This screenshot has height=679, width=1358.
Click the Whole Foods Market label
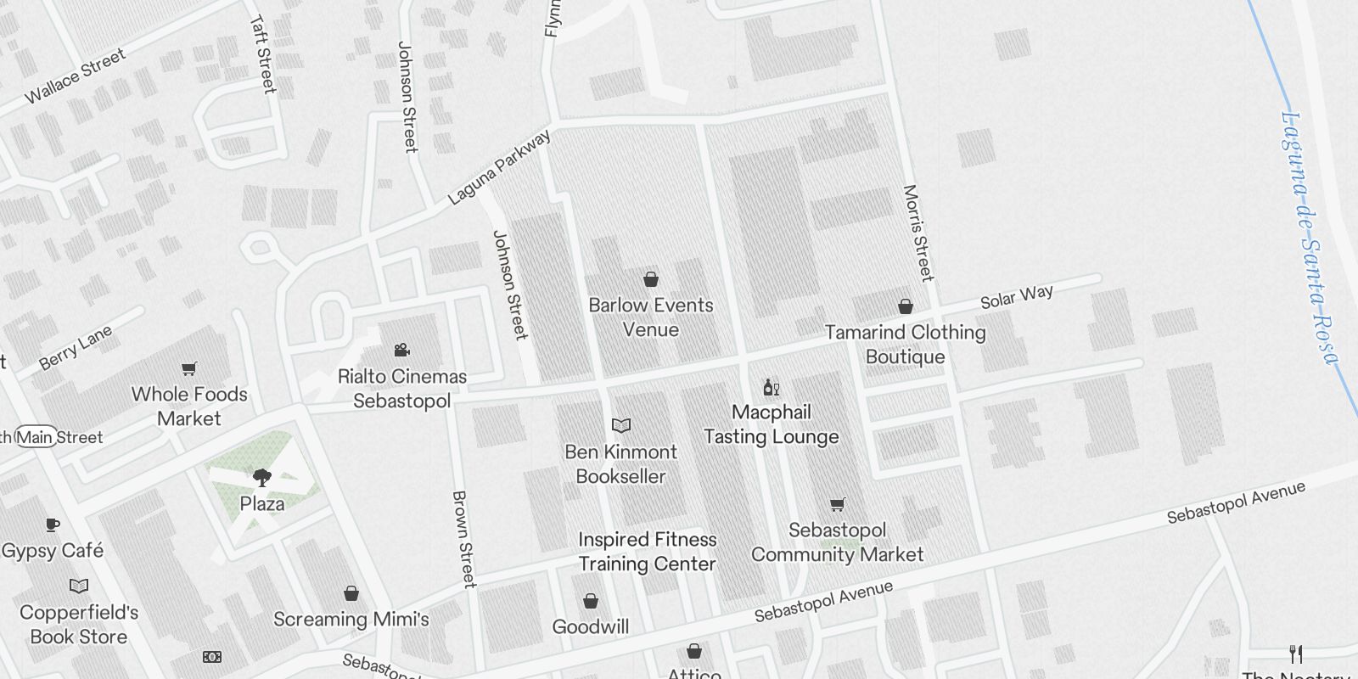[189, 407]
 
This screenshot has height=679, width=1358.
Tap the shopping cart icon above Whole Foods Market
[189, 368]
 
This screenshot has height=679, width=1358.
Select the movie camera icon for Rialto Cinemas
[402, 350]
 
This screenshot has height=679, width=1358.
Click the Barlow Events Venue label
[651, 317]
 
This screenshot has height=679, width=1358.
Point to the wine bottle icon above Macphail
[771, 388]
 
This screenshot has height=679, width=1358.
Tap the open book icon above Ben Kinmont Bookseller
[621, 425]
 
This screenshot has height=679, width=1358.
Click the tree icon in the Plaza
[262, 478]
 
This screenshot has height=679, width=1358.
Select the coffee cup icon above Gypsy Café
[53, 525]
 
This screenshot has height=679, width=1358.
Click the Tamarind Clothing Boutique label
[906, 345]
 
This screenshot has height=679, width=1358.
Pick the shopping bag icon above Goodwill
[591, 602]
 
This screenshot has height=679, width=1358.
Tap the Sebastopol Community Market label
[837, 542]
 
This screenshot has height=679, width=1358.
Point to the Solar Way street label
[1017, 297]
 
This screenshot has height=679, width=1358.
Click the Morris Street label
[918, 233]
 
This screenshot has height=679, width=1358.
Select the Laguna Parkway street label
[499, 167]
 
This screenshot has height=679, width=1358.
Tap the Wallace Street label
[75, 76]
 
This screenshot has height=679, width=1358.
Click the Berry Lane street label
[76, 349]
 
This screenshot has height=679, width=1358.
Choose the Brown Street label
[463, 539]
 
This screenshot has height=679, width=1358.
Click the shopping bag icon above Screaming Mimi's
[351, 593]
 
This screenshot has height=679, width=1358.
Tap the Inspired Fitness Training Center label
[648, 552]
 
